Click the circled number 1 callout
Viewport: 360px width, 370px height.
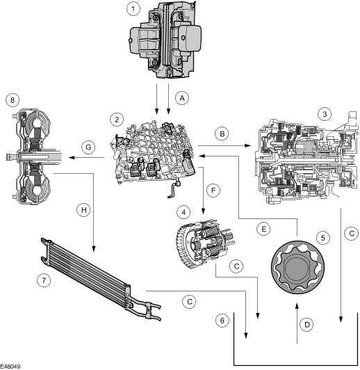pos(133,9)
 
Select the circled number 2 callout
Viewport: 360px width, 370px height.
pos(117,120)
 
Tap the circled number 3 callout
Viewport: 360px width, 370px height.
pos(325,114)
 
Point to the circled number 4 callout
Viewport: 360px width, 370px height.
pos(183,212)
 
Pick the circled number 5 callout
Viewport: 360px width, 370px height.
pos(323,238)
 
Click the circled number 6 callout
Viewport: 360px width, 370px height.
pos(222,321)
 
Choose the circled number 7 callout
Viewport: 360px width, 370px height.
pos(44,280)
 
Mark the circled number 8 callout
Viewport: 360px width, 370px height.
pos(13,100)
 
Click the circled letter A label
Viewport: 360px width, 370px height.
pos(182,98)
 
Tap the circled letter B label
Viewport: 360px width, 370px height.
pos(222,134)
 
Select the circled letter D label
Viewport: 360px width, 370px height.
pos(306,325)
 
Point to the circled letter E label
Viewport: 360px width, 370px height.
pos(263,229)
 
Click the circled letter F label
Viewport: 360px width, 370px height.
pos(213,190)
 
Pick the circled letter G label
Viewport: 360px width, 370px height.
pos(88,147)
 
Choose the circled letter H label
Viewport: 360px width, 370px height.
pos(83,210)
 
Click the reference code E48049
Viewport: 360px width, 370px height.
pos(10,367)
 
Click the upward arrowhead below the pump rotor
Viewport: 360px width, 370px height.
pos(297,306)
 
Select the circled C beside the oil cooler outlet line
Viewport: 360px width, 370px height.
pos(189,302)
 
